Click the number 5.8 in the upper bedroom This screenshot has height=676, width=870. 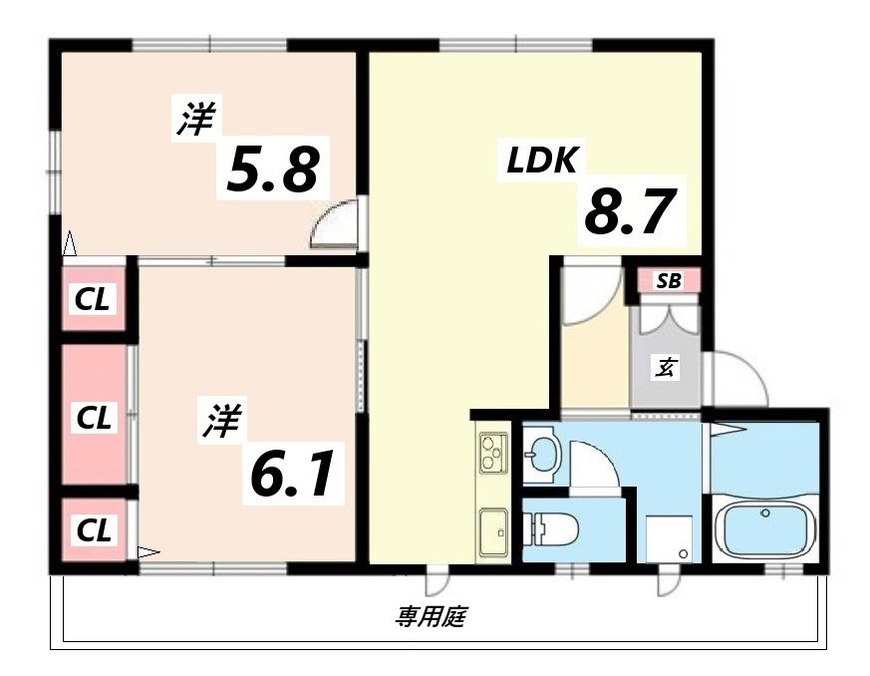[273, 170]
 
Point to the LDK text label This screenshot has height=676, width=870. [542, 160]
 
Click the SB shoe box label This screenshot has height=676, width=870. [668, 281]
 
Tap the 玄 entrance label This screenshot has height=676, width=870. [666, 368]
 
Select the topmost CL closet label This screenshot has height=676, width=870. [94, 298]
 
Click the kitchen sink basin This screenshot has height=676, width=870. [493, 531]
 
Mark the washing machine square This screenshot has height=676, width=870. [669, 539]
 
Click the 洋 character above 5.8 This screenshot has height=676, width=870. [196, 119]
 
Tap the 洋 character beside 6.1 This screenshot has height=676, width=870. [222, 422]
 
